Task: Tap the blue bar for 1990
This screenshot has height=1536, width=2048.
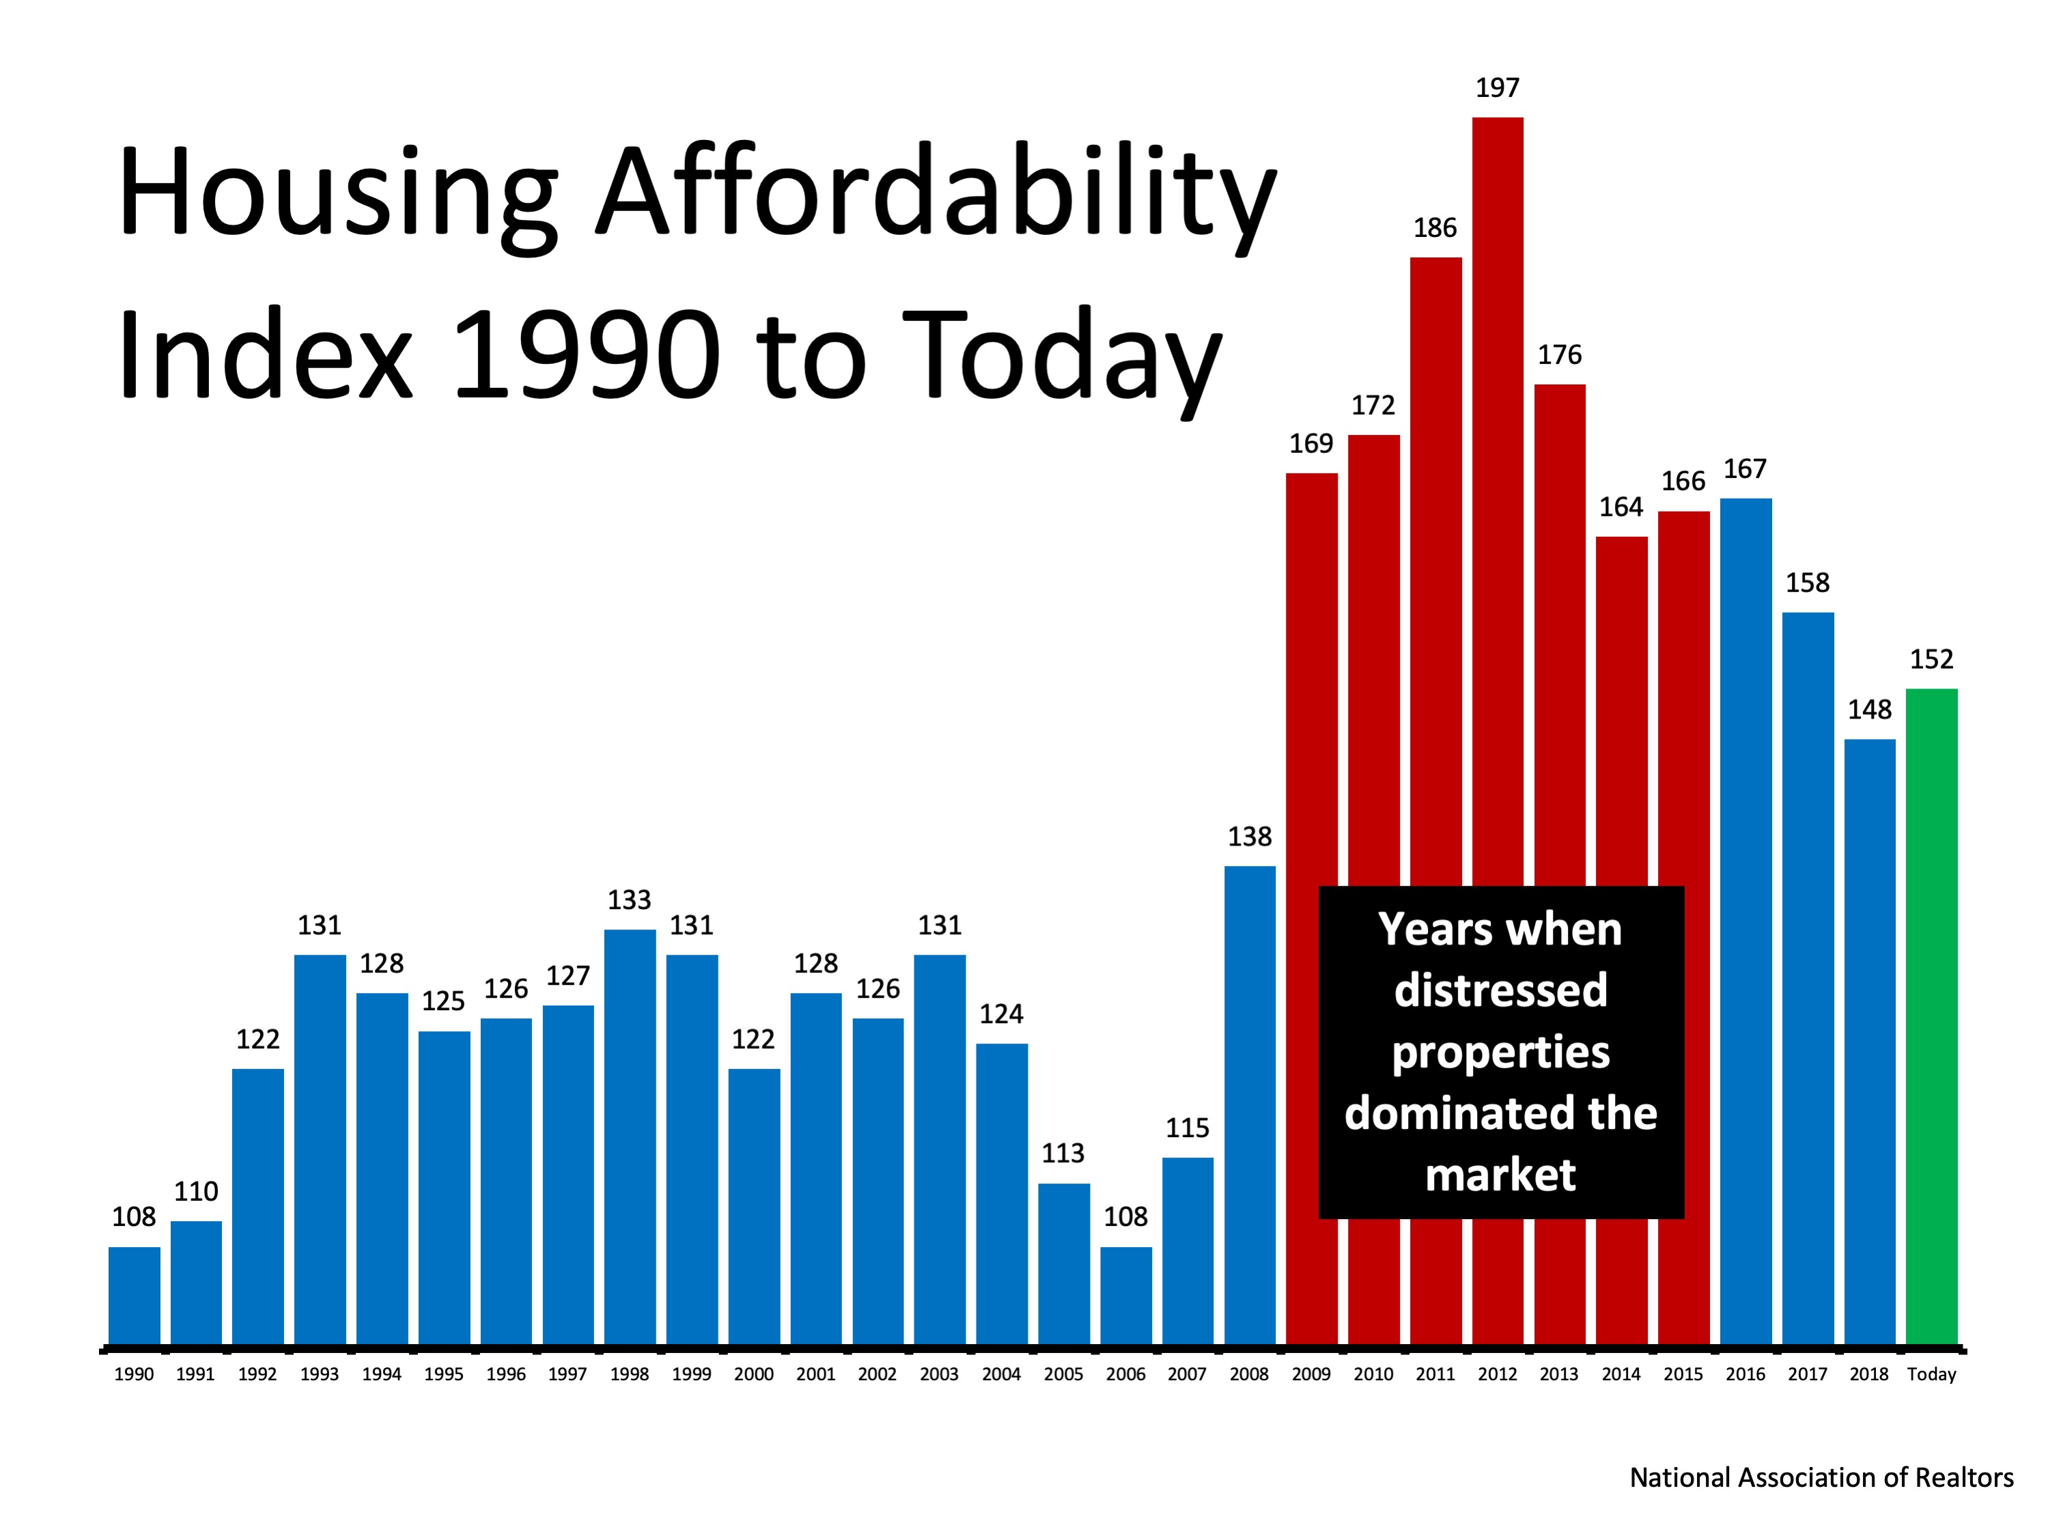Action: pyautogui.click(x=135, y=1296)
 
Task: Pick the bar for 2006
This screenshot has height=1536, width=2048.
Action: pyautogui.click(x=1126, y=1296)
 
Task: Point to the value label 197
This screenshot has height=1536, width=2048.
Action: pyautogui.click(x=1497, y=88)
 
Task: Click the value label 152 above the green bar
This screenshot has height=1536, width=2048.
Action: pyautogui.click(x=1931, y=659)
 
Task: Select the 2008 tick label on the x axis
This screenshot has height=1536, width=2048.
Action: pyautogui.click(x=1249, y=1374)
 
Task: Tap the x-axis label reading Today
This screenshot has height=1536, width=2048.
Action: pyautogui.click(x=1931, y=1374)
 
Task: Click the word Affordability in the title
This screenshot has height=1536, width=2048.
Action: pyautogui.click(x=935, y=195)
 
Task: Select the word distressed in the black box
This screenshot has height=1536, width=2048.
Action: pyautogui.click(x=1501, y=990)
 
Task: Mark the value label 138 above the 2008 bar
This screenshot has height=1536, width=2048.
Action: pyautogui.click(x=1249, y=837)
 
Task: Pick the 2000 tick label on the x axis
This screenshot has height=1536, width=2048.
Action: pyautogui.click(x=754, y=1374)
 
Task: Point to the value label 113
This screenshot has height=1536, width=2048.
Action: pyautogui.click(x=1063, y=1154)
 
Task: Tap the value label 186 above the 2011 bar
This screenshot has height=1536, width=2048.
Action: pyautogui.click(x=1435, y=227)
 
